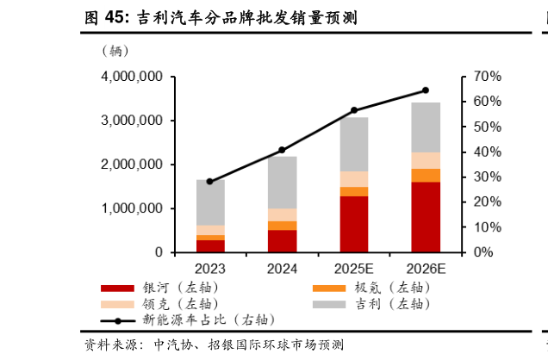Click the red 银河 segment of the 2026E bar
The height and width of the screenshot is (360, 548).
coord(425,217)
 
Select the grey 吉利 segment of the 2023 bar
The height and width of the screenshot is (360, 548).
coord(210,202)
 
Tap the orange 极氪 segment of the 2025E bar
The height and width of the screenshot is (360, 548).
coord(353,191)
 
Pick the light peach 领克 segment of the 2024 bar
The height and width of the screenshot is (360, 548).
coord(282,214)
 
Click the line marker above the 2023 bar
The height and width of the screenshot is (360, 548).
coord(210,182)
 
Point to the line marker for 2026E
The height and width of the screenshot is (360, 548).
coord(425,90)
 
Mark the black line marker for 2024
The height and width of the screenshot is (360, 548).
coord(282,150)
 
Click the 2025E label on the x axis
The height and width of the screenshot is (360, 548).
coord(353,269)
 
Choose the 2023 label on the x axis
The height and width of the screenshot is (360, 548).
coord(210,269)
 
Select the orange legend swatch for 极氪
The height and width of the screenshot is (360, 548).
coord(328,288)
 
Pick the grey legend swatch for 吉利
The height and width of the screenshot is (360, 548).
coord(328,304)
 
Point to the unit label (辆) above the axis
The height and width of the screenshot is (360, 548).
coord(115,51)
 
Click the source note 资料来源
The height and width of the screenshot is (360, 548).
coord(112,344)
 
